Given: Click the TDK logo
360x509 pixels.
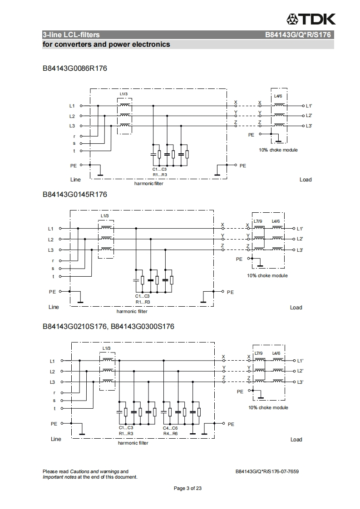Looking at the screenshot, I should pos(311,19).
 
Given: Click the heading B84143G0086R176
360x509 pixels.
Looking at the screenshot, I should pos(75,69).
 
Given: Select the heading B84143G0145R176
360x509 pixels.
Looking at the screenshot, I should pos(75,195).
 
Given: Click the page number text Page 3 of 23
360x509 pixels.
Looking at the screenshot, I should pos(187,488).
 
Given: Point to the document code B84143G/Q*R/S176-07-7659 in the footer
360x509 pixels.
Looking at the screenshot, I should pos(267,471).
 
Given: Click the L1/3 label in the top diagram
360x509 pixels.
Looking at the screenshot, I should pos(124,94).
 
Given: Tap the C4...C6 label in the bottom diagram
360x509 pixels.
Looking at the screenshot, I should pos(170,428).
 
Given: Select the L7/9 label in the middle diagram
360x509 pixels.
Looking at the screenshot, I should pos(258,221).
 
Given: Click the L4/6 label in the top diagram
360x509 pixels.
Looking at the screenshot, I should pos(279,96).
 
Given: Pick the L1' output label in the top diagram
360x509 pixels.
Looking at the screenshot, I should pos(309,106).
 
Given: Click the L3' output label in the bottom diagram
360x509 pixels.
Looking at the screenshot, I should pos(300,382).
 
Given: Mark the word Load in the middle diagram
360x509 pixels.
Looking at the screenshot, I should pos(296,308).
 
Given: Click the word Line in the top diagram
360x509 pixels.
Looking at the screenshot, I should pos(75,180).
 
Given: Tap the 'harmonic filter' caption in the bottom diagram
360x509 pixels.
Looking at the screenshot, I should pos(133,443).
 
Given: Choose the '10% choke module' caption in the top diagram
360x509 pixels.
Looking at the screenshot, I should pos(278,150).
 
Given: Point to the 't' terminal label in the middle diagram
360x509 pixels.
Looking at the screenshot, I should pos(53,276).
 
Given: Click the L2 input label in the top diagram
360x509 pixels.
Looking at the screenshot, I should pos(72,116).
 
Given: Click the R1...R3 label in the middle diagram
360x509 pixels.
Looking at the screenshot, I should pos(143,302).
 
